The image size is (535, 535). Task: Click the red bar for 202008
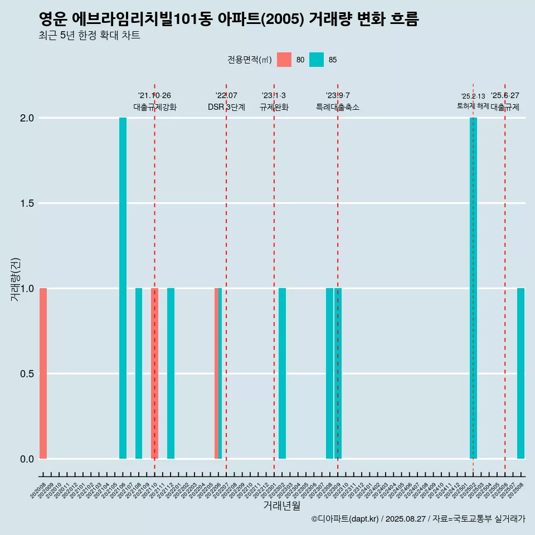[43, 373]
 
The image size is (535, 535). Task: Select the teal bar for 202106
[123, 288]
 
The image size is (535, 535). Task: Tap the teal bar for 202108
[139, 373]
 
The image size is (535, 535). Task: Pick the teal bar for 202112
[171, 373]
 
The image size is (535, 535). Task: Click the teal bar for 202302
[282, 373]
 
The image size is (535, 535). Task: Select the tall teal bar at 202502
[473, 288]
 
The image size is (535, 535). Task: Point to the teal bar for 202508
[521, 373]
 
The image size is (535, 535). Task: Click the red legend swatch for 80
[284, 60]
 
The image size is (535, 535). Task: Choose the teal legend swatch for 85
[317, 60]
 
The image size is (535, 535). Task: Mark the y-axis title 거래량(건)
[15, 279]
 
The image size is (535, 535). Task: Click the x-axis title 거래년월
[281, 506]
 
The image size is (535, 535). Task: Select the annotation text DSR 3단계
[226, 107]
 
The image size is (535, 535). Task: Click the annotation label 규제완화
[274, 107]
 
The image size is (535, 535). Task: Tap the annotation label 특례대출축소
[338, 107]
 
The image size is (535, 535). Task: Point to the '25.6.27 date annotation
[505, 96]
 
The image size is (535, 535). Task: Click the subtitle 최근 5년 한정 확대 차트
[89, 36]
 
